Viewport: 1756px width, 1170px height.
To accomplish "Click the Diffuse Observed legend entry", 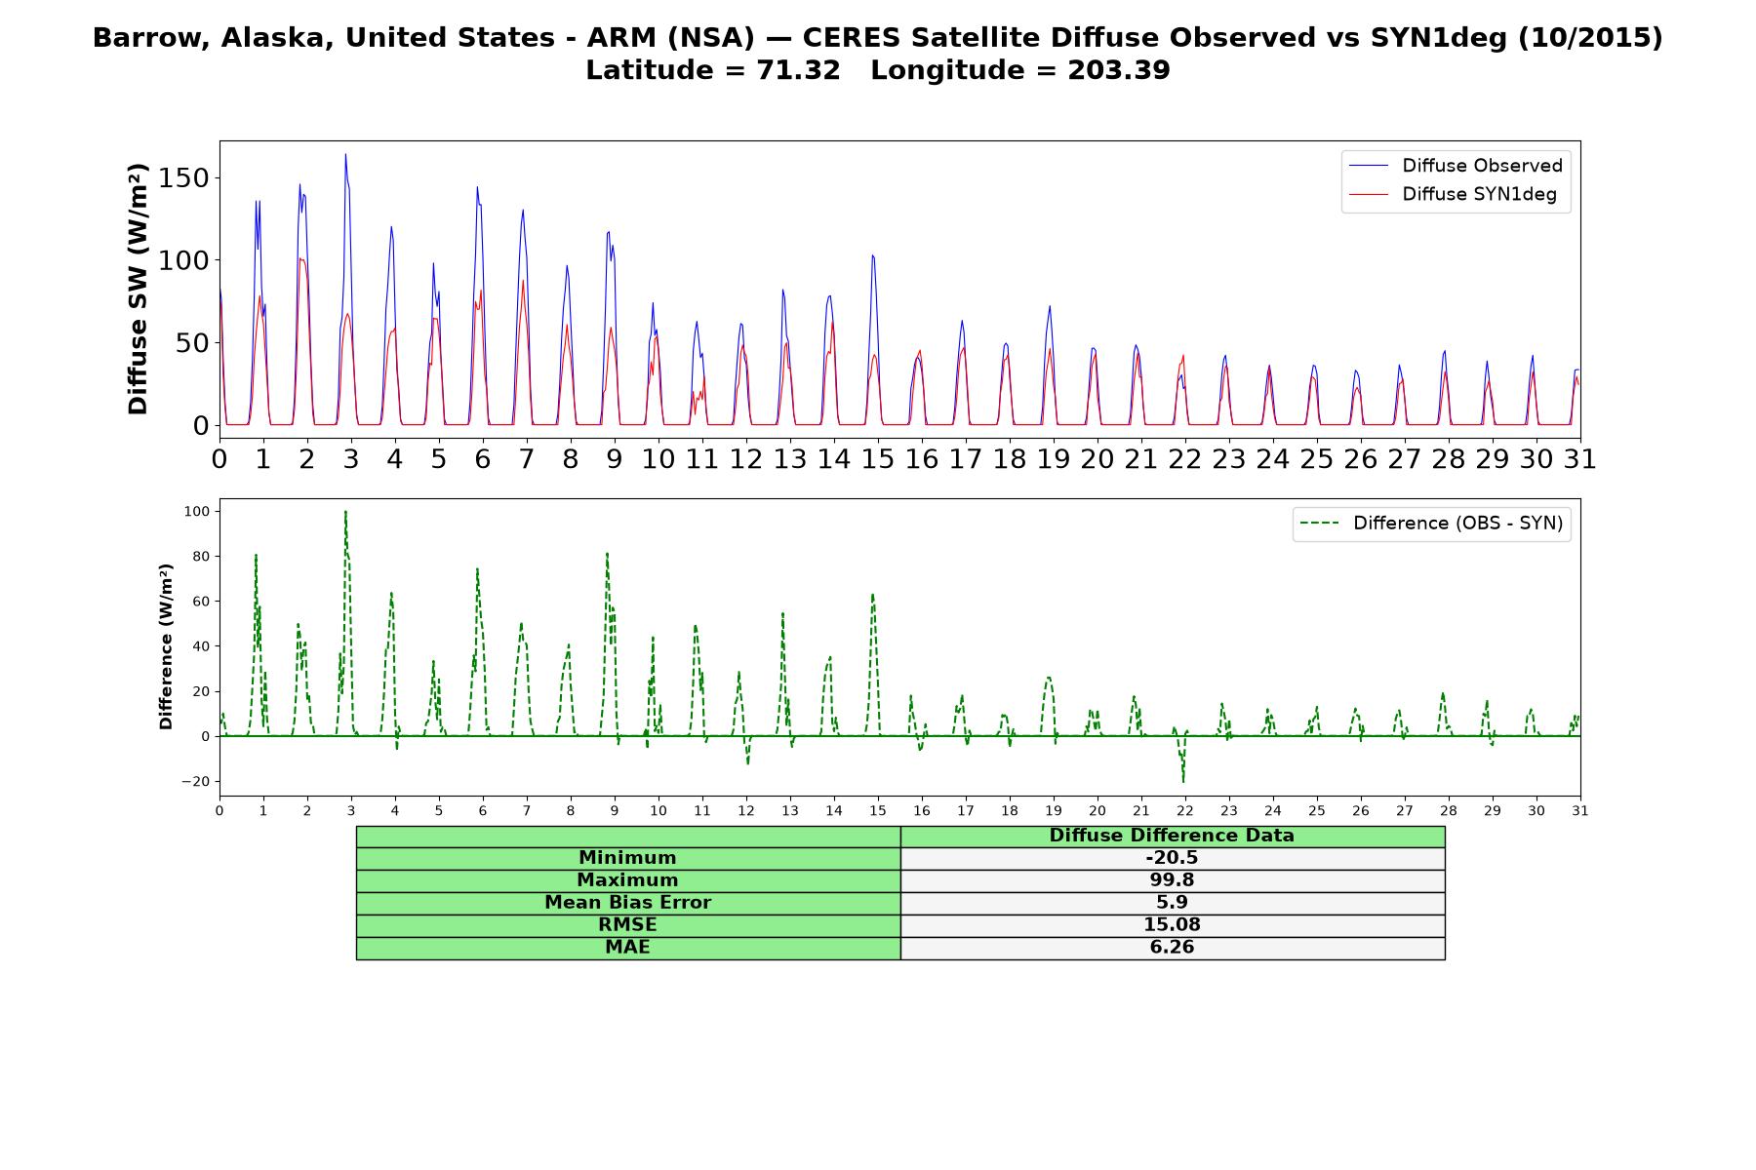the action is pyautogui.click(x=1456, y=166).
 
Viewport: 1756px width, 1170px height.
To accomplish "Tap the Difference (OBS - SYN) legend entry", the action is pyautogui.click(x=1431, y=524).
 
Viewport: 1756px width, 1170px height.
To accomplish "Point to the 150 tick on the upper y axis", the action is pyautogui.click(x=187, y=178).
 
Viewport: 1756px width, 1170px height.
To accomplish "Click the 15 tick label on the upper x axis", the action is pyautogui.click(x=877, y=458).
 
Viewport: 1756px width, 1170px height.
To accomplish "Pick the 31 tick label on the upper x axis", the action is pyautogui.click(x=1579, y=458).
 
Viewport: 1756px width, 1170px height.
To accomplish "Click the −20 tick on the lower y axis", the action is pyautogui.click(x=195, y=782).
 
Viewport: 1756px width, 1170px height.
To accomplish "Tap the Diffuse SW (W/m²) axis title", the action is pyautogui.click(x=139, y=290).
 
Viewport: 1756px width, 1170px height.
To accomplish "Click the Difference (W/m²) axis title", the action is pyautogui.click(x=166, y=646).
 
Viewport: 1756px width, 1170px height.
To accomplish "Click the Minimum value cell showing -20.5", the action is pyautogui.click(x=1172, y=858).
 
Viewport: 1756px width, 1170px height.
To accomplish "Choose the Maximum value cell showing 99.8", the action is pyautogui.click(x=1172, y=880).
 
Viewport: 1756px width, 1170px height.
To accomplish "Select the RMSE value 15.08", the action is pyautogui.click(x=1172, y=925).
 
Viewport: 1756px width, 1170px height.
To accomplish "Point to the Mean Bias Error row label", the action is pyautogui.click(x=627, y=903).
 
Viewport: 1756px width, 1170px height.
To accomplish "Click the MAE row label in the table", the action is pyautogui.click(x=627, y=948).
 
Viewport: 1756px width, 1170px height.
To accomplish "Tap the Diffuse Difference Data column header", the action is pyautogui.click(x=1172, y=836).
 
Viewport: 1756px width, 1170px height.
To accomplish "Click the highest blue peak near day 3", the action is pyautogui.click(x=345, y=154).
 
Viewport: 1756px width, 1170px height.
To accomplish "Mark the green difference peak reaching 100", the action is pyautogui.click(x=345, y=512).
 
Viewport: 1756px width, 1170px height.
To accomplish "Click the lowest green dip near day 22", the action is pyautogui.click(x=1183, y=781).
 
